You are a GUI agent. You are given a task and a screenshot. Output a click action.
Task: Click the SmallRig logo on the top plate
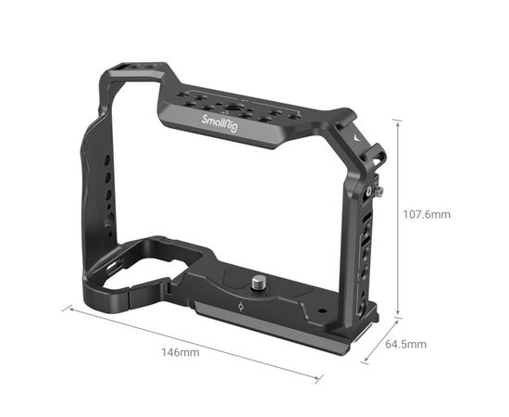coord(219,123)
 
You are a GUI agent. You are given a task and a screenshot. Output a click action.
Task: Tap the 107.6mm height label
coord(427,214)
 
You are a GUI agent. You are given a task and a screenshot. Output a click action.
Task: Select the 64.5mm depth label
coord(405,344)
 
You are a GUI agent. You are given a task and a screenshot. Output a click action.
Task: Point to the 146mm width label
coord(180,352)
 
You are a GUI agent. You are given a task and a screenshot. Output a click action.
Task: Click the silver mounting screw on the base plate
coord(259,282)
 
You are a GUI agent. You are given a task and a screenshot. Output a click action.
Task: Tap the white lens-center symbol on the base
coord(241,306)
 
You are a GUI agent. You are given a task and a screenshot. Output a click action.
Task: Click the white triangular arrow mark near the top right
coord(357,138)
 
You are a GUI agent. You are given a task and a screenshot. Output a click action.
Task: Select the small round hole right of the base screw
coord(322,310)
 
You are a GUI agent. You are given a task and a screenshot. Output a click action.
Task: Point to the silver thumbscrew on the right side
coord(379,192)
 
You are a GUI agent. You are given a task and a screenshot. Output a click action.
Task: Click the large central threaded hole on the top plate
coord(232,107)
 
